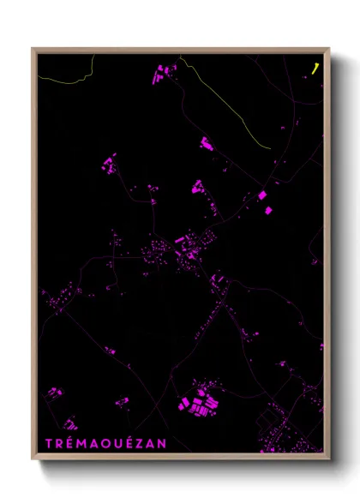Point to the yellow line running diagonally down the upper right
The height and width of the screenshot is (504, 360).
pyautogui.click(x=231, y=107)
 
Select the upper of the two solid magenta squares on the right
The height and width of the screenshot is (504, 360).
pyautogui.click(x=262, y=195)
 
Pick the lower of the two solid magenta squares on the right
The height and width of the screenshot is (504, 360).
pyautogui.click(x=267, y=209)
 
